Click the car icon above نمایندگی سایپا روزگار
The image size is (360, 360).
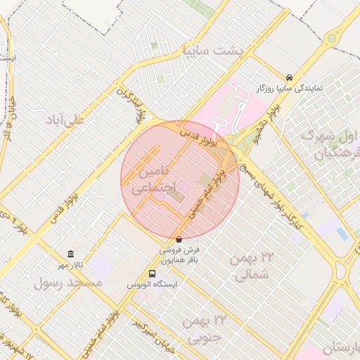click(x=289, y=77)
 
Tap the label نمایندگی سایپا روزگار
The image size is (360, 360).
click(x=289, y=89)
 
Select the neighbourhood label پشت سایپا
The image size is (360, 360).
click(x=212, y=51)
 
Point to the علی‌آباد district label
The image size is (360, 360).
click(x=64, y=119)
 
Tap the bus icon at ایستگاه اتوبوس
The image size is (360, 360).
click(x=153, y=274)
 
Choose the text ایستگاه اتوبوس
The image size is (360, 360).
click(x=153, y=285)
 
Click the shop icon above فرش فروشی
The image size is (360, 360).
click(x=179, y=239)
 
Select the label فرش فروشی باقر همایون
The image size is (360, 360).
click(x=179, y=254)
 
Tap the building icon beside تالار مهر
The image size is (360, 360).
click(x=70, y=254)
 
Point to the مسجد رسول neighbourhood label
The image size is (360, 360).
click(x=69, y=283)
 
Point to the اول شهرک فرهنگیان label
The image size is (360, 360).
click(x=330, y=143)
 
